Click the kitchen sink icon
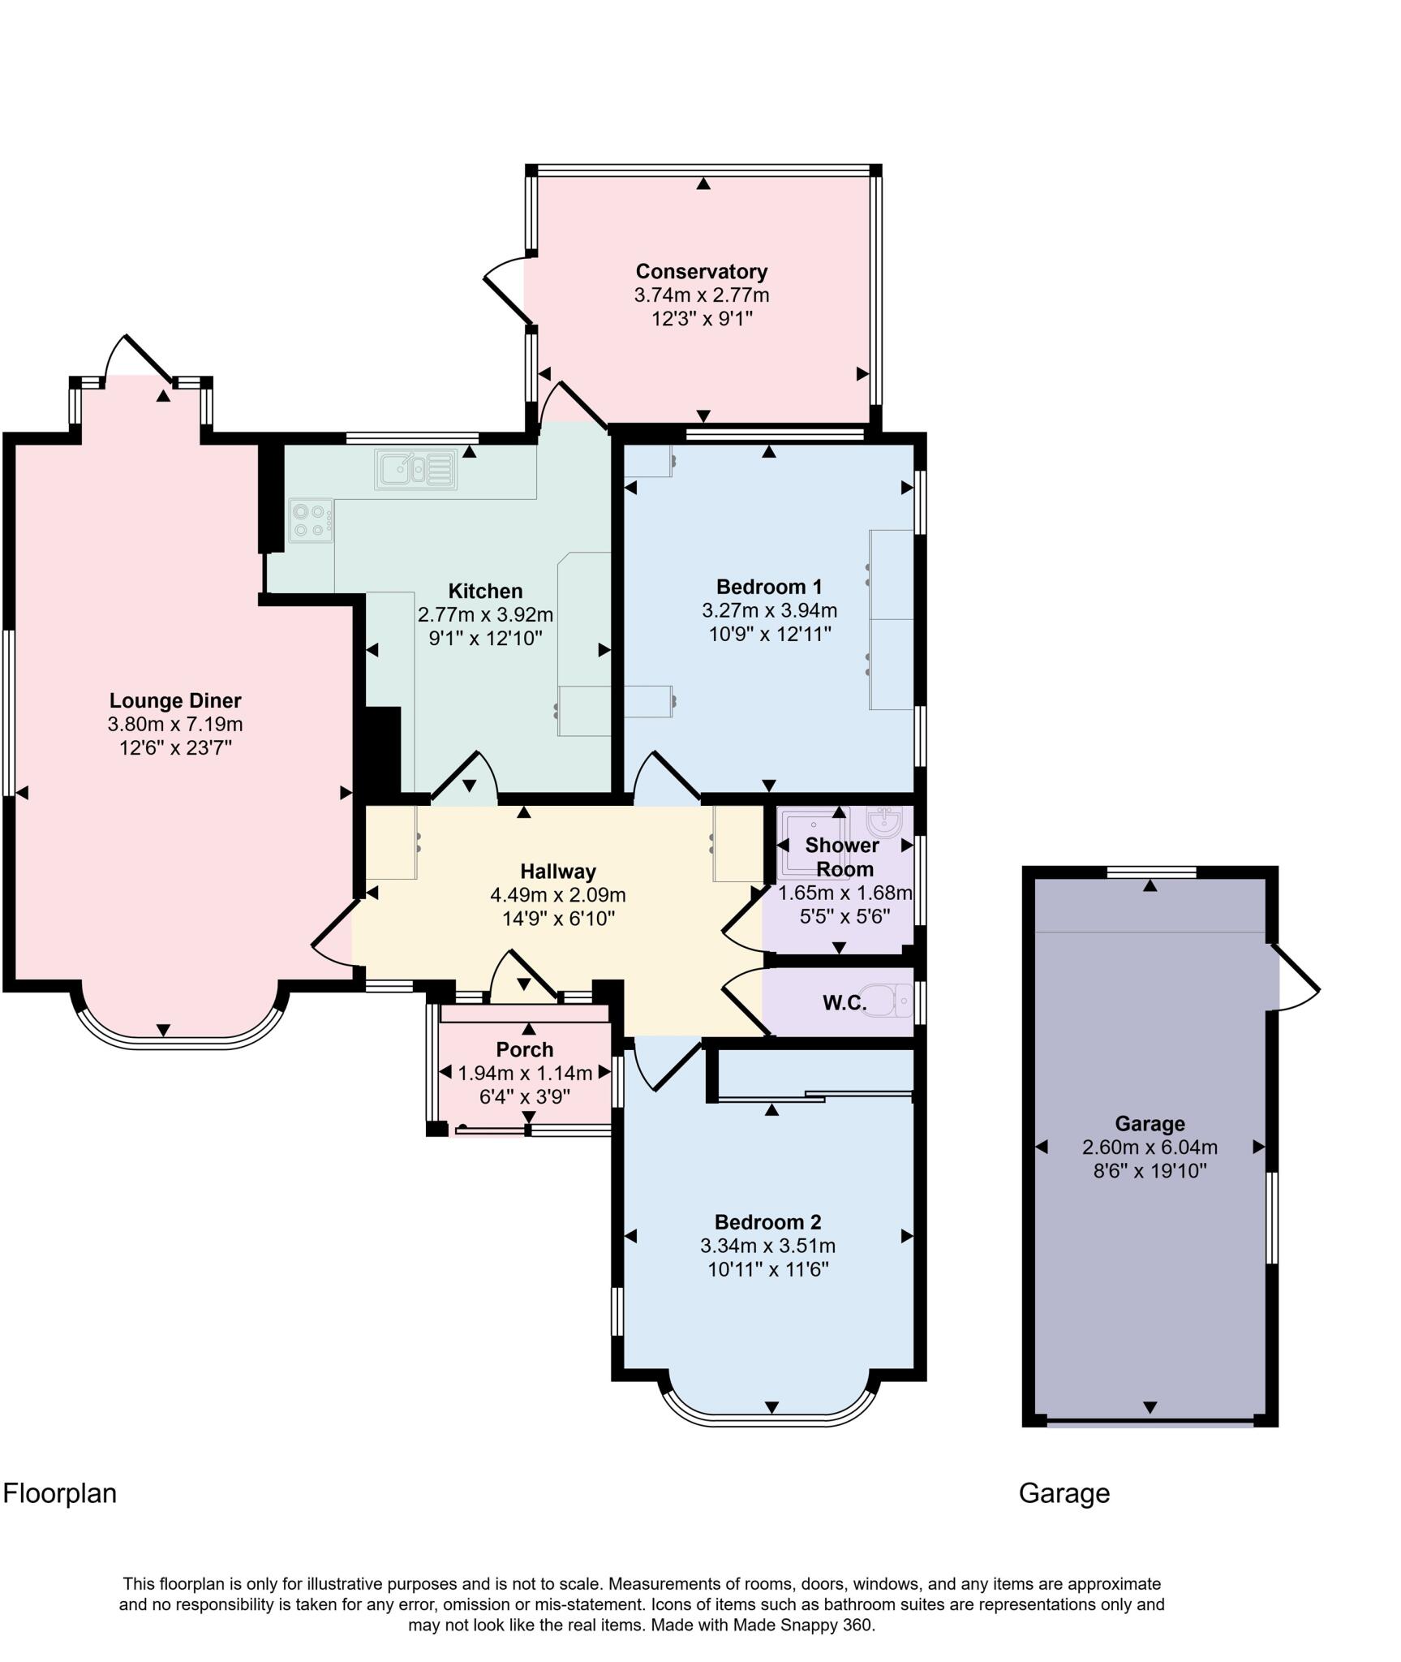[x=415, y=469]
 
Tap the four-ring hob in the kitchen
[x=311, y=520]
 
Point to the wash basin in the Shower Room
[x=883, y=821]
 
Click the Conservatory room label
[x=701, y=271]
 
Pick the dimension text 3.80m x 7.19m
[x=175, y=724]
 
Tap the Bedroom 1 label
[x=768, y=586]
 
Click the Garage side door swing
[x=1296, y=978]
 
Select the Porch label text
[x=524, y=1049]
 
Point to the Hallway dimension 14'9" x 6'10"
[x=557, y=919]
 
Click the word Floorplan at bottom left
[x=60, y=1493]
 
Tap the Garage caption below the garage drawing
[x=1064, y=1493]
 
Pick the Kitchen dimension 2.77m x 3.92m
[x=485, y=614]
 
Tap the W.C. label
[x=844, y=1003]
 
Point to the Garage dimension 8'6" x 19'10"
[x=1150, y=1171]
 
